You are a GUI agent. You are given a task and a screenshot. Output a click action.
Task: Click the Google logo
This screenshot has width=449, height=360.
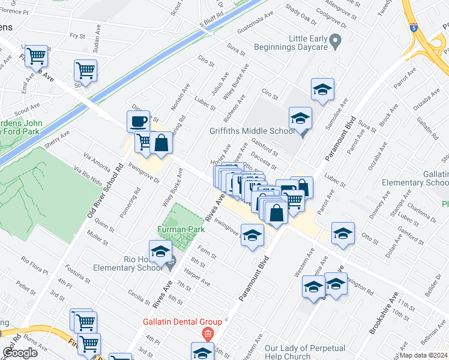(x=20, y=353)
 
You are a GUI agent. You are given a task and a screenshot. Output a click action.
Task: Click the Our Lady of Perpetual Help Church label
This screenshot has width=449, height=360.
(x=304, y=352)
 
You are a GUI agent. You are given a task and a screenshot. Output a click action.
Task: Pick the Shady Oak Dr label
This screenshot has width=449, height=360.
(x=301, y=14)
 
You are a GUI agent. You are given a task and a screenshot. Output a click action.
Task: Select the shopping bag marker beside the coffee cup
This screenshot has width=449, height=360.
(x=161, y=143)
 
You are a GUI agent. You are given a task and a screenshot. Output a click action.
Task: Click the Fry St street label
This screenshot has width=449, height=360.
(x=77, y=35)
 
